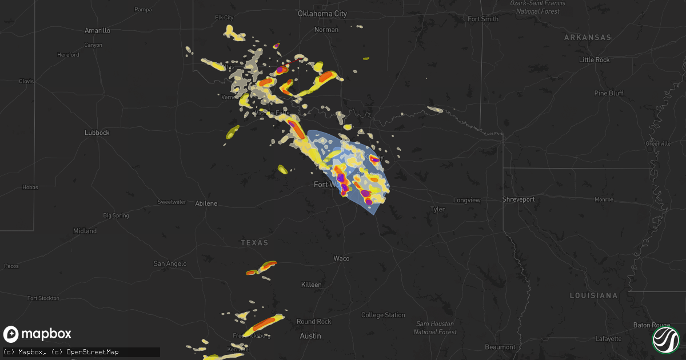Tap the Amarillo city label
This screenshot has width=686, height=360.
[97, 30]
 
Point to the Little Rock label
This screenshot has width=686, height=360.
[594, 60]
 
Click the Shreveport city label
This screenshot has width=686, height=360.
[518, 199]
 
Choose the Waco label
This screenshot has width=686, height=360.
[341, 258]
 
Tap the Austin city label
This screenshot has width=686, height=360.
[310, 336]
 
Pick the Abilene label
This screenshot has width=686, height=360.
[206, 203]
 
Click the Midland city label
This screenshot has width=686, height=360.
[85, 231]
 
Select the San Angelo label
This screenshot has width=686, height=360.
[170, 263]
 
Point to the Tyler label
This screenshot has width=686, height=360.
[437, 210]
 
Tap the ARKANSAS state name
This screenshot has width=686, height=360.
[587, 38]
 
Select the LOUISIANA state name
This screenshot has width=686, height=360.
[593, 295]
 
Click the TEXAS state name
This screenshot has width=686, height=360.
[254, 243]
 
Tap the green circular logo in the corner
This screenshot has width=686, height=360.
[665, 339]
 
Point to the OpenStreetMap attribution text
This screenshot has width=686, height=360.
[93, 351]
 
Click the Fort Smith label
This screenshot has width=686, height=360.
[483, 19]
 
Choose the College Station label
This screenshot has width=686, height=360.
[383, 315]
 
